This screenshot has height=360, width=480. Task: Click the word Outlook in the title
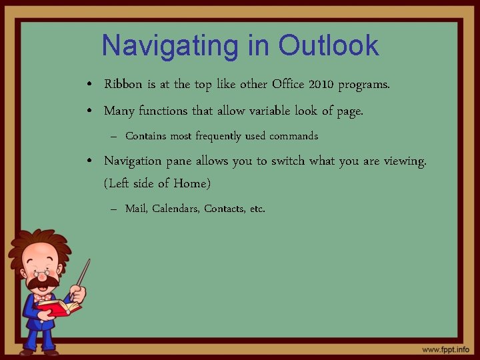pos(329,46)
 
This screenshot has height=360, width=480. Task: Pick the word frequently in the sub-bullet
pos(218,136)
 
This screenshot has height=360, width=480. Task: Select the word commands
pos(293,136)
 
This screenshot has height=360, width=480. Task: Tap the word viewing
pos(404,161)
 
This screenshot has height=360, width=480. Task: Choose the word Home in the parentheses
pos(191,182)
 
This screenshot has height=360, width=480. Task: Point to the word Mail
pos(136,209)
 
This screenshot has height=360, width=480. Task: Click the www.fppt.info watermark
pos(445,349)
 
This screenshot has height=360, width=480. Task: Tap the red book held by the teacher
pos(59,307)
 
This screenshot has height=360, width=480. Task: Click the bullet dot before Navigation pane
pos(89,161)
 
